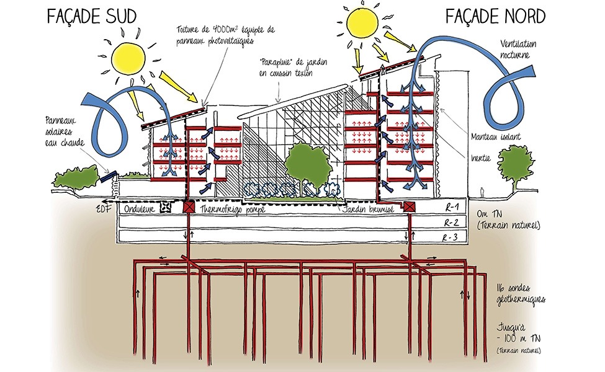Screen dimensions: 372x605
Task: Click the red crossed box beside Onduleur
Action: [187, 207]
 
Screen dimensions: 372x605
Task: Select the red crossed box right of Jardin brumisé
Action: [410, 207]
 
